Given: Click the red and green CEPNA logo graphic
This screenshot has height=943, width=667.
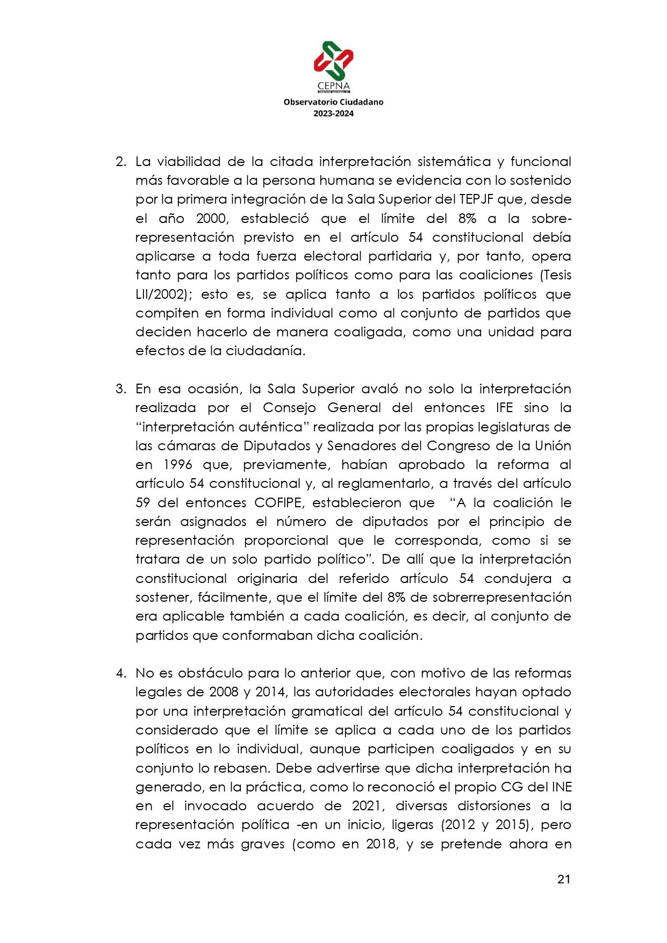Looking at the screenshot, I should coord(333,60).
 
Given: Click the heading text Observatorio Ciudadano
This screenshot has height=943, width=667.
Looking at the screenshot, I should coord(333,102).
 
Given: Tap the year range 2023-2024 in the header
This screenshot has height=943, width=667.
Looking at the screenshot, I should coord(333,113).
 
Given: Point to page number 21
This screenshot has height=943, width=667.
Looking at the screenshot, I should coord(563,879).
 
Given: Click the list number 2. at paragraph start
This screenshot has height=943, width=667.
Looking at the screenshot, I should coord(121,162).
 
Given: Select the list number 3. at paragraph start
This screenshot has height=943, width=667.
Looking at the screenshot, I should coord(121,389).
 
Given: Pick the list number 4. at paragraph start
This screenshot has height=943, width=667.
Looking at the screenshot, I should coord(121,673).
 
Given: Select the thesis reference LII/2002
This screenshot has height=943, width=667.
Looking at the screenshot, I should coord(161,294).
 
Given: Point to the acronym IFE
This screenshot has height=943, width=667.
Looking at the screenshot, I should coord(504,408).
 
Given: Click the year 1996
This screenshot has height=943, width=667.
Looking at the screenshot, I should coord(177,465).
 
